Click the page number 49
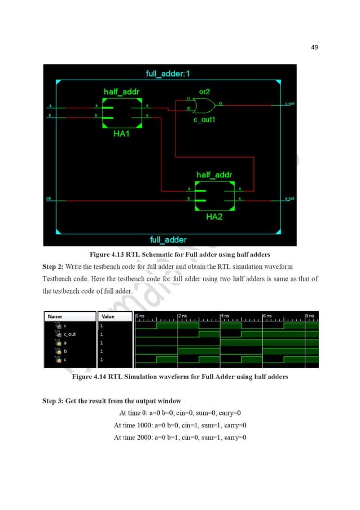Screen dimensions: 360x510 click(x=314, y=47)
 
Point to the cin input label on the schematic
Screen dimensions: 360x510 click(x=50, y=198)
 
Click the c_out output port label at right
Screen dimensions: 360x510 click(x=291, y=103)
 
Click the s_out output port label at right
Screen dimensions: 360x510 click(x=291, y=198)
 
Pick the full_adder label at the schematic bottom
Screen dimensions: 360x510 click(x=168, y=239)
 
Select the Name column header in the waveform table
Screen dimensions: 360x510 click(x=55, y=317)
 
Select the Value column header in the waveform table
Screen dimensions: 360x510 click(x=108, y=317)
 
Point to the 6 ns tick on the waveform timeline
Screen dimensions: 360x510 click(x=268, y=315)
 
